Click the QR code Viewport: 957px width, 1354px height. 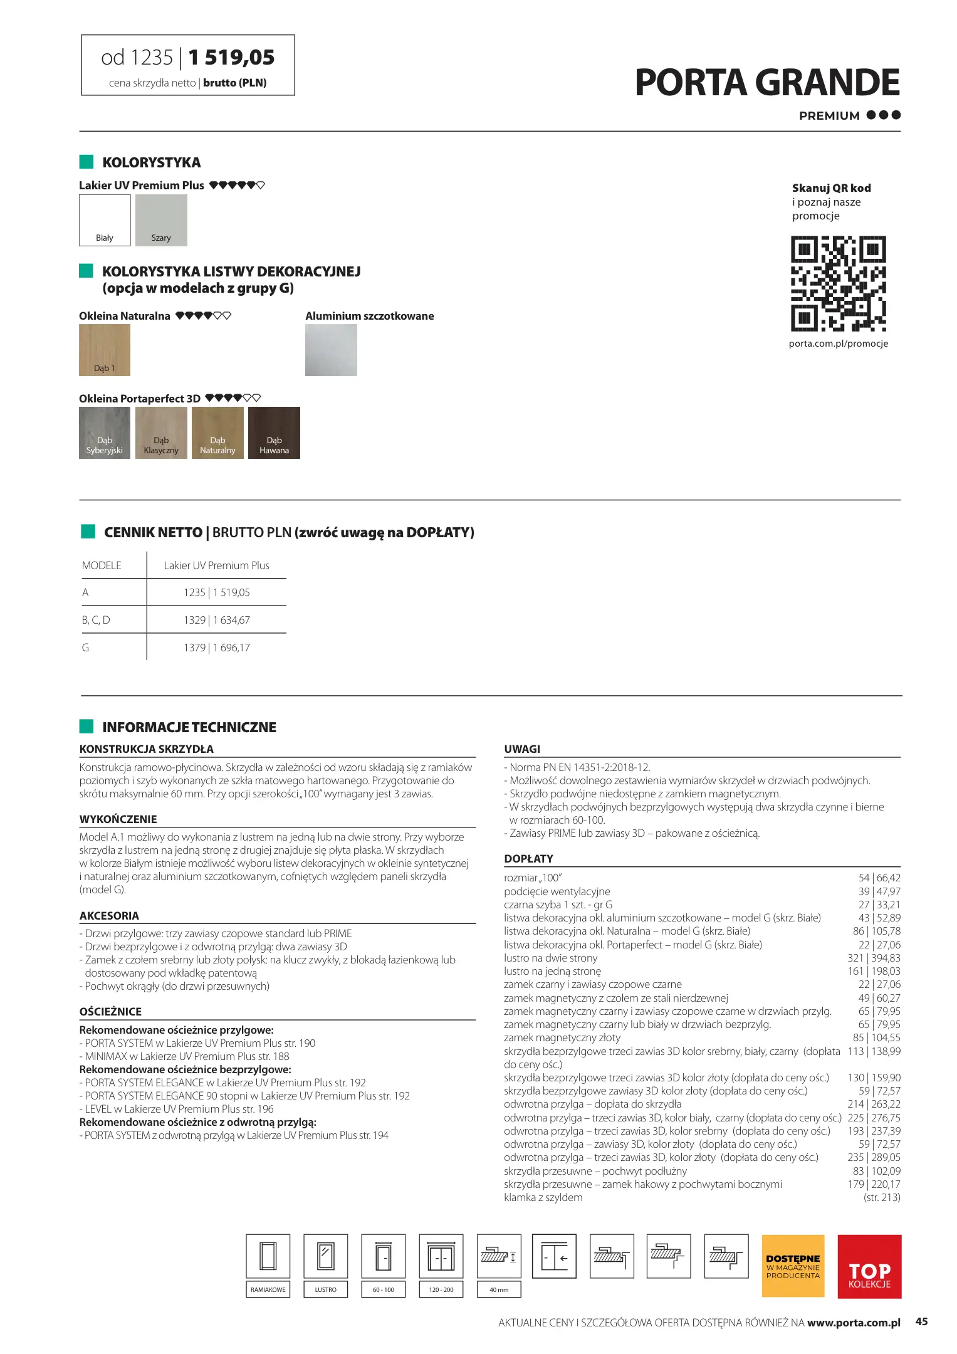(838, 283)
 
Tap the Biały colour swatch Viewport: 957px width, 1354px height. (105, 220)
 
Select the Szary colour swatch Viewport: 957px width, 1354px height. (161, 220)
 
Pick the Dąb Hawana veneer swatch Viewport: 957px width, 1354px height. (274, 433)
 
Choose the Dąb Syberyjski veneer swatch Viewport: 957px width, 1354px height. (105, 433)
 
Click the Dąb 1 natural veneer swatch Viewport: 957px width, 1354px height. (105, 350)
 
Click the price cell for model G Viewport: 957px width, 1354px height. (217, 648)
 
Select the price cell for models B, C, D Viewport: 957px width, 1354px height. (217, 620)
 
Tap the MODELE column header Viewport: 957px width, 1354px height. (102, 565)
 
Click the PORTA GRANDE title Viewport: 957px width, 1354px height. (767, 83)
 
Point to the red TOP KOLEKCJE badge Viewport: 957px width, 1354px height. (869, 1266)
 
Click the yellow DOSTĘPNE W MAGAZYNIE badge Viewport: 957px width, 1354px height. (793, 1266)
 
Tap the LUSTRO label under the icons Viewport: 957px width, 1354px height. (325, 1289)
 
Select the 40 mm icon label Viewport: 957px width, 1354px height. (499, 1289)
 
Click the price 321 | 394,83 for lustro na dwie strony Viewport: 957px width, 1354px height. (874, 958)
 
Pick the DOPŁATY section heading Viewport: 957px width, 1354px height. (528, 859)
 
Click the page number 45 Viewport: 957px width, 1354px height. (921, 1321)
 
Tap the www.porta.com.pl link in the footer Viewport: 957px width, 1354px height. (854, 1323)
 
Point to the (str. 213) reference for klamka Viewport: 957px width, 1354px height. (882, 1197)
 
